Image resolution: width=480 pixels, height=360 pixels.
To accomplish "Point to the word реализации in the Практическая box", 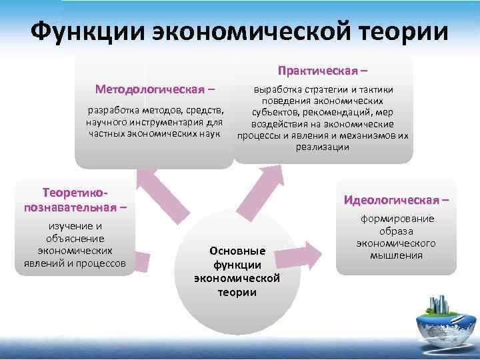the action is click(x=323, y=147).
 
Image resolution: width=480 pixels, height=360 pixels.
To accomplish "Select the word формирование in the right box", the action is click(x=397, y=219).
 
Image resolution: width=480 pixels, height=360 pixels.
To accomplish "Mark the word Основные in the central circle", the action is click(x=237, y=251).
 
